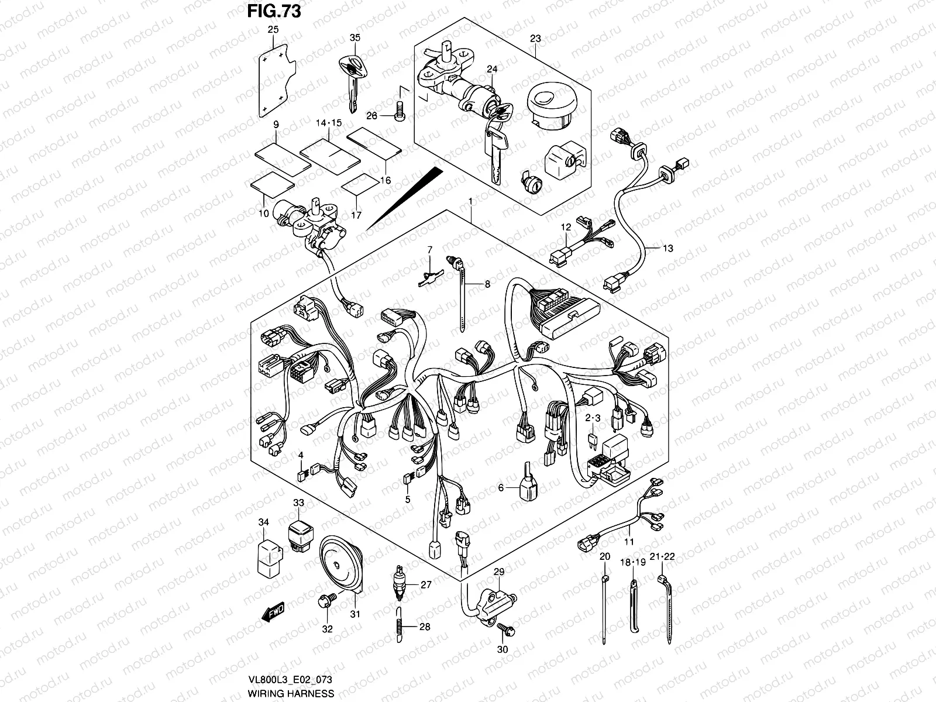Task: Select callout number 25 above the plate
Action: pos(273,29)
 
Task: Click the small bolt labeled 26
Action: pos(400,109)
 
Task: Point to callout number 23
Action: pos(535,39)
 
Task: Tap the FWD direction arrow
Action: pos(274,613)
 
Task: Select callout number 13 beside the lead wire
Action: pos(667,248)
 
